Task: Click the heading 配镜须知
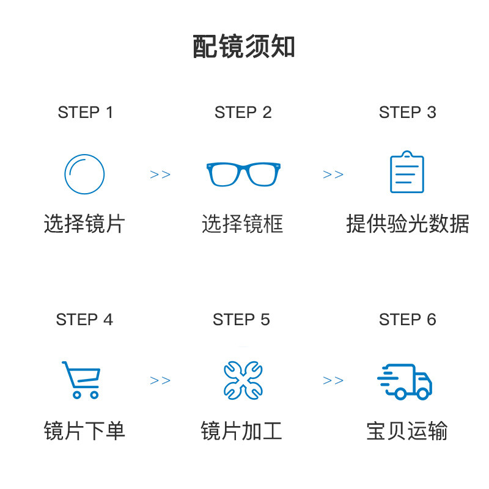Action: click(244, 47)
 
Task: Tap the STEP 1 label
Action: click(86, 112)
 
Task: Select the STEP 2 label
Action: click(243, 112)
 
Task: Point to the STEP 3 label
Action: click(407, 112)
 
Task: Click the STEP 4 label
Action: click(84, 320)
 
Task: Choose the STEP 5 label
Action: click(241, 320)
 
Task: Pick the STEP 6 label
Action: click(407, 320)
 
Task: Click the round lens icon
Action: click(84, 174)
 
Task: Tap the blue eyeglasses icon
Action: click(243, 174)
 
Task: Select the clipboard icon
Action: click(407, 172)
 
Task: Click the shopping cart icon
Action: click(81, 380)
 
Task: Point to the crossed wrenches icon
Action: click(242, 380)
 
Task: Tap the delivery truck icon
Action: click(405, 381)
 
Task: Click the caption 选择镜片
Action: click(84, 224)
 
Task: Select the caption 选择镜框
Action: click(243, 224)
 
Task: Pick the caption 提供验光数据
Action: click(407, 224)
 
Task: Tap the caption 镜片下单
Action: click(84, 431)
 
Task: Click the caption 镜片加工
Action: click(241, 431)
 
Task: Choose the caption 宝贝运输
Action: click(407, 431)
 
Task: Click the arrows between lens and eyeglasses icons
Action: click(160, 175)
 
